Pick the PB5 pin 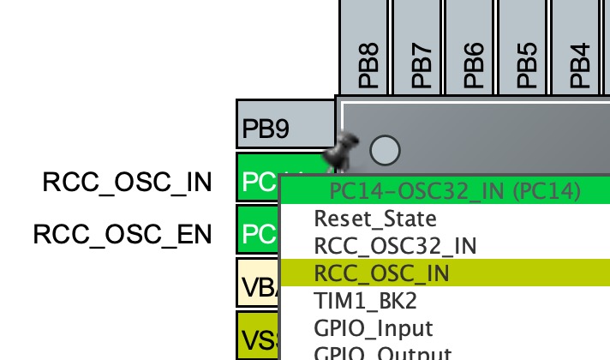(527, 47)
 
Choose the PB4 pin (580, 47)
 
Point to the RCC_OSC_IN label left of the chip (127, 182)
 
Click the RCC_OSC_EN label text (123, 234)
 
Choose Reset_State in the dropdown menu (375, 219)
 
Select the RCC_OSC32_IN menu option (395, 246)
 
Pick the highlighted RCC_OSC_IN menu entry (382, 273)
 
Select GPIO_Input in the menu (374, 328)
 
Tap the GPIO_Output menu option (382, 353)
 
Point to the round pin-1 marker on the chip (385, 150)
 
